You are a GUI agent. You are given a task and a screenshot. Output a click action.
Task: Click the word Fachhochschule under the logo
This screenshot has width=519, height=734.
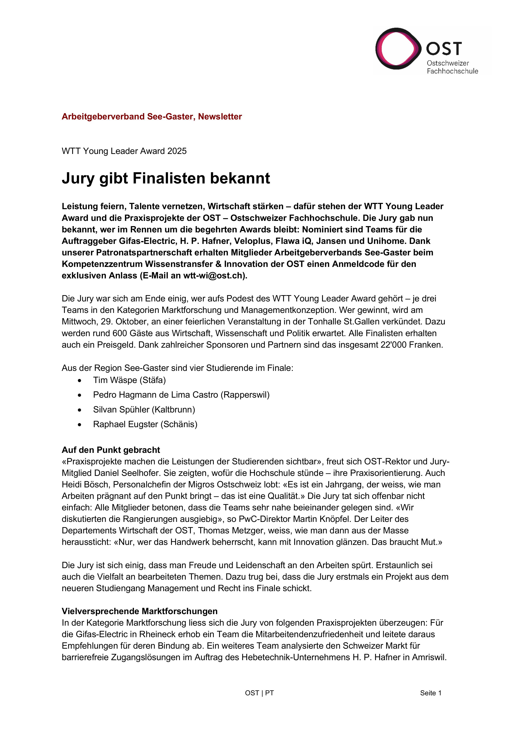(x=452, y=71)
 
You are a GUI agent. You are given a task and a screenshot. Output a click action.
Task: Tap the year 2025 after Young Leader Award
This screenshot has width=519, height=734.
(x=176, y=151)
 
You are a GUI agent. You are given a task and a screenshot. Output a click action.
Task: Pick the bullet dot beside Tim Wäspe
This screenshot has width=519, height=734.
(x=80, y=380)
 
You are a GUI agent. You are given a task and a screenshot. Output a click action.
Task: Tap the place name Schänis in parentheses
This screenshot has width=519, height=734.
(x=179, y=424)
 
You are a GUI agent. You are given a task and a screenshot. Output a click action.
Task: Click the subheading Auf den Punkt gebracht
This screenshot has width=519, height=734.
(x=111, y=450)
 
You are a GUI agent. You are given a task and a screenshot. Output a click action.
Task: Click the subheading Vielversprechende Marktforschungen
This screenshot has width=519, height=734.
(x=139, y=611)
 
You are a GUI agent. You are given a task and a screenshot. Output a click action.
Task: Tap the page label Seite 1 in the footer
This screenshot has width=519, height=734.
(x=430, y=693)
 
